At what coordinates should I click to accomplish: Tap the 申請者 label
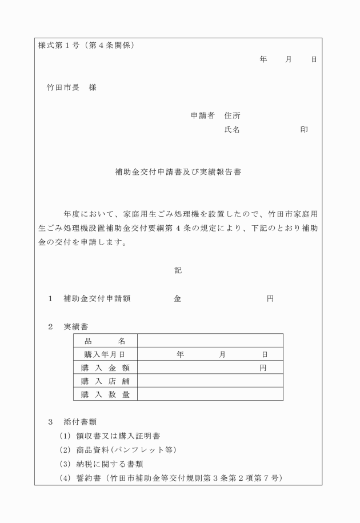tap(202, 115)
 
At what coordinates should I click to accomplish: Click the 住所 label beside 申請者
tap(232, 115)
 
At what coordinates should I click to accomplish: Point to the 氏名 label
tap(232, 130)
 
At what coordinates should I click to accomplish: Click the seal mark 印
tap(304, 130)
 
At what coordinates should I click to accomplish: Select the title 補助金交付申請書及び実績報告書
tap(178, 171)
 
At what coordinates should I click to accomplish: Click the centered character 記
tap(178, 270)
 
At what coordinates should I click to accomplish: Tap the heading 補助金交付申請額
tap(97, 298)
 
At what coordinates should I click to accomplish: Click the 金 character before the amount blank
tap(177, 298)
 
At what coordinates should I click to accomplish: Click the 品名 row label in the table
tap(105, 341)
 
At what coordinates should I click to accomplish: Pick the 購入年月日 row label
tap(105, 354)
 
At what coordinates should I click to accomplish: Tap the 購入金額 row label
tap(105, 368)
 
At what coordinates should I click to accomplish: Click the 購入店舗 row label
tap(105, 381)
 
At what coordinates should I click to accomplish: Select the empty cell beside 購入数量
tap(210, 394)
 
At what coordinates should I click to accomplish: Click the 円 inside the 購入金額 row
tap(263, 368)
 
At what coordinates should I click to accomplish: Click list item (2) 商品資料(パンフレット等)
tap(118, 450)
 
